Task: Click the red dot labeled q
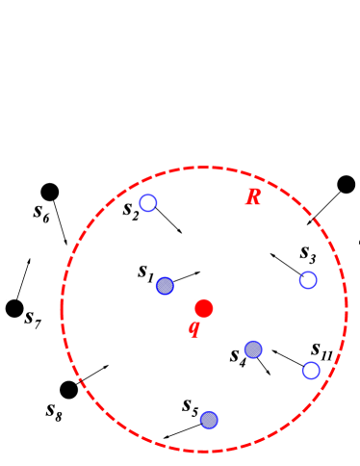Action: [x=203, y=308]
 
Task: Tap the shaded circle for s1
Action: [x=165, y=285]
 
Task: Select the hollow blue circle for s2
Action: [x=148, y=202]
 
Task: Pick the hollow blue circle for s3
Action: [x=308, y=280]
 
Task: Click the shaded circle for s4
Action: [x=253, y=349]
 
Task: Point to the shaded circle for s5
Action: [x=209, y=420]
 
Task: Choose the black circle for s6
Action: [x=50, y=192]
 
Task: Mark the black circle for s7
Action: [x=14, y=308]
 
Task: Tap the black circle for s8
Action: [x=68, y=390]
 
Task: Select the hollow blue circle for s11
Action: [x=311, y=371]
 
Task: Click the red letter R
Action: [x=253, y=197]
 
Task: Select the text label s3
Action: [x=307, y=253]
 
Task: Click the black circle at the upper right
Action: [x=347, y=185]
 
